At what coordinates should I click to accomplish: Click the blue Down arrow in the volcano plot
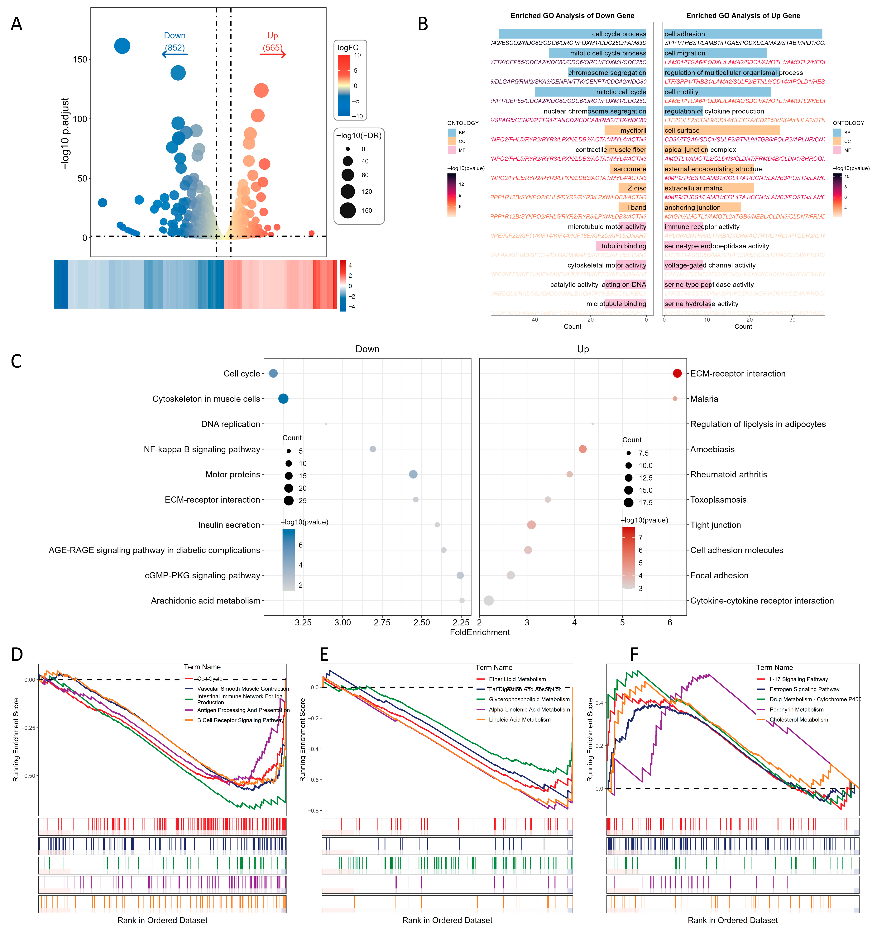175,54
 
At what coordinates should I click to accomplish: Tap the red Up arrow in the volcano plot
273,54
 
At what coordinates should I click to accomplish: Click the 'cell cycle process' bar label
619,34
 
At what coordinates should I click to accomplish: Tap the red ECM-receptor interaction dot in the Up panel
677,373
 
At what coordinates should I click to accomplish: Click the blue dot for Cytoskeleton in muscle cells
283,398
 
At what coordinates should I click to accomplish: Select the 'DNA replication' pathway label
231,424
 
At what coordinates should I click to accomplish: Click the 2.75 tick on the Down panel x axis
382,622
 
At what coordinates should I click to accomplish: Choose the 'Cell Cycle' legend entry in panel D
209,679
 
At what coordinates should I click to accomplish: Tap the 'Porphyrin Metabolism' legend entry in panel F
796,710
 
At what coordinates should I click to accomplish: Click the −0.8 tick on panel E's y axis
313,811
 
